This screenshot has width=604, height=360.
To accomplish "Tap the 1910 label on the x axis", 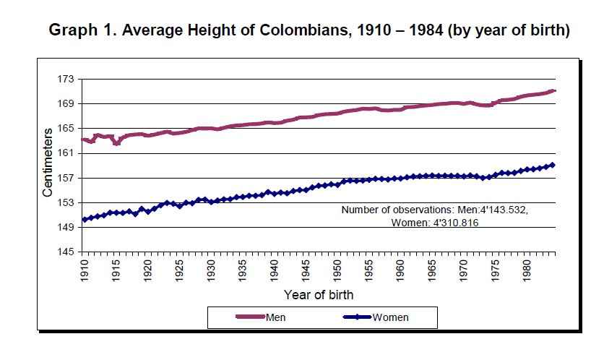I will pos(85,271).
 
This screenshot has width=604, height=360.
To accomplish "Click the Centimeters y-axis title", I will pos(48,163).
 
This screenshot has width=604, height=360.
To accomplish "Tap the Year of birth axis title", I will pos(319,295).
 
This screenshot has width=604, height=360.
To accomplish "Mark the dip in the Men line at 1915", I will pos(116,143).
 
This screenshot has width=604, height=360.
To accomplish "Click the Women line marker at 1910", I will pos(85,219).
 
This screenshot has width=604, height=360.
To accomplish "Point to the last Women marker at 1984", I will pos(553,165).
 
